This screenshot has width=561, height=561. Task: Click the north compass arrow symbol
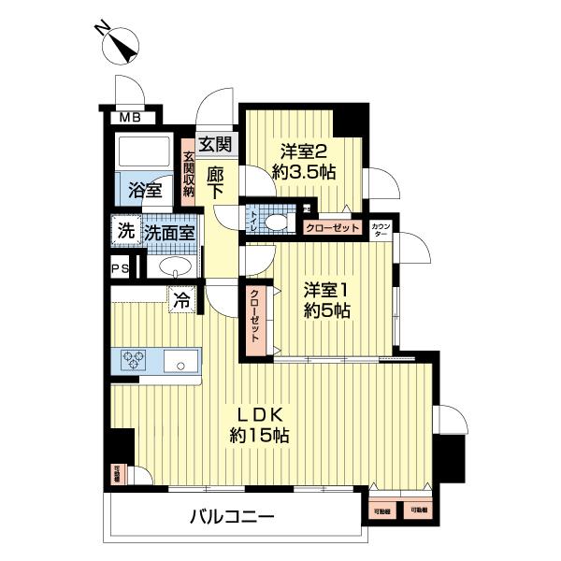click(121, 43)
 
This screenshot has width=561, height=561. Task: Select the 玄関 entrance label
click(215, 144)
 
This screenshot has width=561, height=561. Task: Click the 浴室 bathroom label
click(144, 189)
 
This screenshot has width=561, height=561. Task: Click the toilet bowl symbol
click(275, 222)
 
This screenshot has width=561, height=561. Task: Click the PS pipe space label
click(121, 268)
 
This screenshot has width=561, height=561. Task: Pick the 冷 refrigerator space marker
click(182, 300)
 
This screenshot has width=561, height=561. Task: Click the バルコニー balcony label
click(231, 516)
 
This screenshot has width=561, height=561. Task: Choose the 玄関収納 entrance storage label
click(188, 174)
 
